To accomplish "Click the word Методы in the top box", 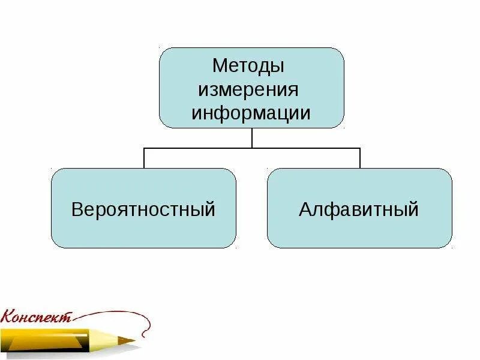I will coord(248,65).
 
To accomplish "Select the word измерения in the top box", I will coord(248,90).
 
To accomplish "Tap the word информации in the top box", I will coord(251,113).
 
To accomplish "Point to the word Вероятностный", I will coord(143,209).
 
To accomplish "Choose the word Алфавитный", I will coord(359,209).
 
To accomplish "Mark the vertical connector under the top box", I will coord(252,137).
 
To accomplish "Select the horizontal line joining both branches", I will coord(252,148).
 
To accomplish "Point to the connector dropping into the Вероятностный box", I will coord(144,158).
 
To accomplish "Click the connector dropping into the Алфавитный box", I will coord(360,158).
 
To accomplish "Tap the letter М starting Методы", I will coord(220,65).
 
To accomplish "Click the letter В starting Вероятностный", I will coord(77,209).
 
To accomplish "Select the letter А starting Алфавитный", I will coord(305,209).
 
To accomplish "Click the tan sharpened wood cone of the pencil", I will coord(120,340).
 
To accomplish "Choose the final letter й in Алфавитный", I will coord(412,209).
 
